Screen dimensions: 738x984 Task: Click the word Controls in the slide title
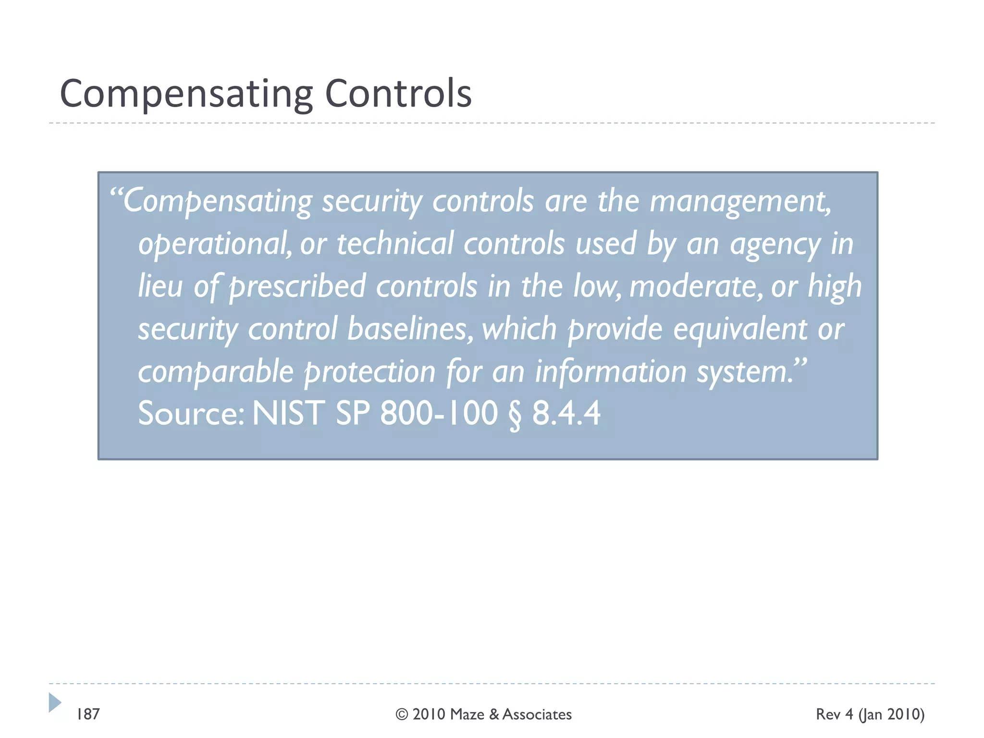coord(398,93)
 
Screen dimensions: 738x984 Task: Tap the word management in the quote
coord(739,202)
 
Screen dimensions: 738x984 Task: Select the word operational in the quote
coord(214,244)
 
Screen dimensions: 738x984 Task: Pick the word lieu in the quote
coord(160,286)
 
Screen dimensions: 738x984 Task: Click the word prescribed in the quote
coord(297,287)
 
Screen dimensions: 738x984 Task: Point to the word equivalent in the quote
coord(740,330)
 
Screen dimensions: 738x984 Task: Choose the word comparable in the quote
coord(216,372)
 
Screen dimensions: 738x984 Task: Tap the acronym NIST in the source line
coord(288,413)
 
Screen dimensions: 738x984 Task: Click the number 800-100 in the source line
coord(439,413)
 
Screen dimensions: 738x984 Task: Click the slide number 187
coord(88,714)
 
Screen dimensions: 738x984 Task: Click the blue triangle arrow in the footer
coord(55,702)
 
